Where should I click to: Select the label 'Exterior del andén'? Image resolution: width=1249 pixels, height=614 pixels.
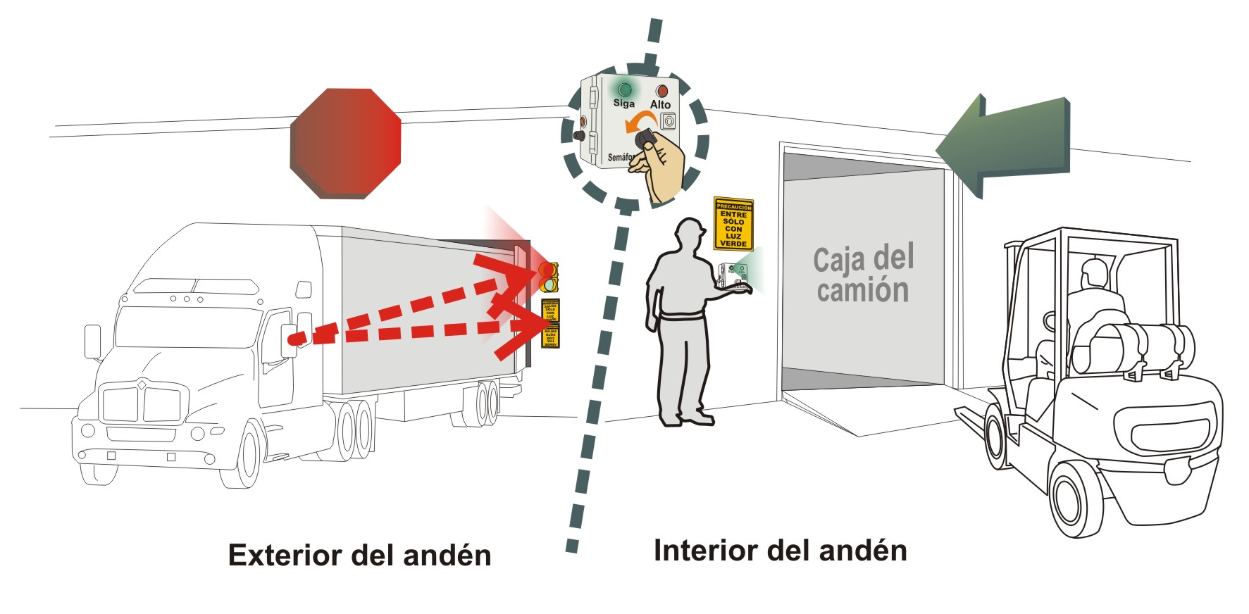[359, 555]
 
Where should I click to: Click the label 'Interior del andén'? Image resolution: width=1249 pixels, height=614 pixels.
[780, 550]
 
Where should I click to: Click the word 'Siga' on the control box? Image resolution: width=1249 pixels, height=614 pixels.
[623, 104]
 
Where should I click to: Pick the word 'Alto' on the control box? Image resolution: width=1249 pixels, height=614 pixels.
[660, 105]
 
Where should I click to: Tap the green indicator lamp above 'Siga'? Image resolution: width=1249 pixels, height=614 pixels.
[623, 89]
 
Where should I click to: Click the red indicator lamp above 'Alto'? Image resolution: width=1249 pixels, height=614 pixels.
[661, 91]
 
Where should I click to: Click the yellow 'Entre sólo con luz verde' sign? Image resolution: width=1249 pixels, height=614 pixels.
[733, 225]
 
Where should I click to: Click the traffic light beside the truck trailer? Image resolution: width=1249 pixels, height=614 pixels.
[548, 277]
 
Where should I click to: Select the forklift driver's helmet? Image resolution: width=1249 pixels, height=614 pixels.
[1094, 271]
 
